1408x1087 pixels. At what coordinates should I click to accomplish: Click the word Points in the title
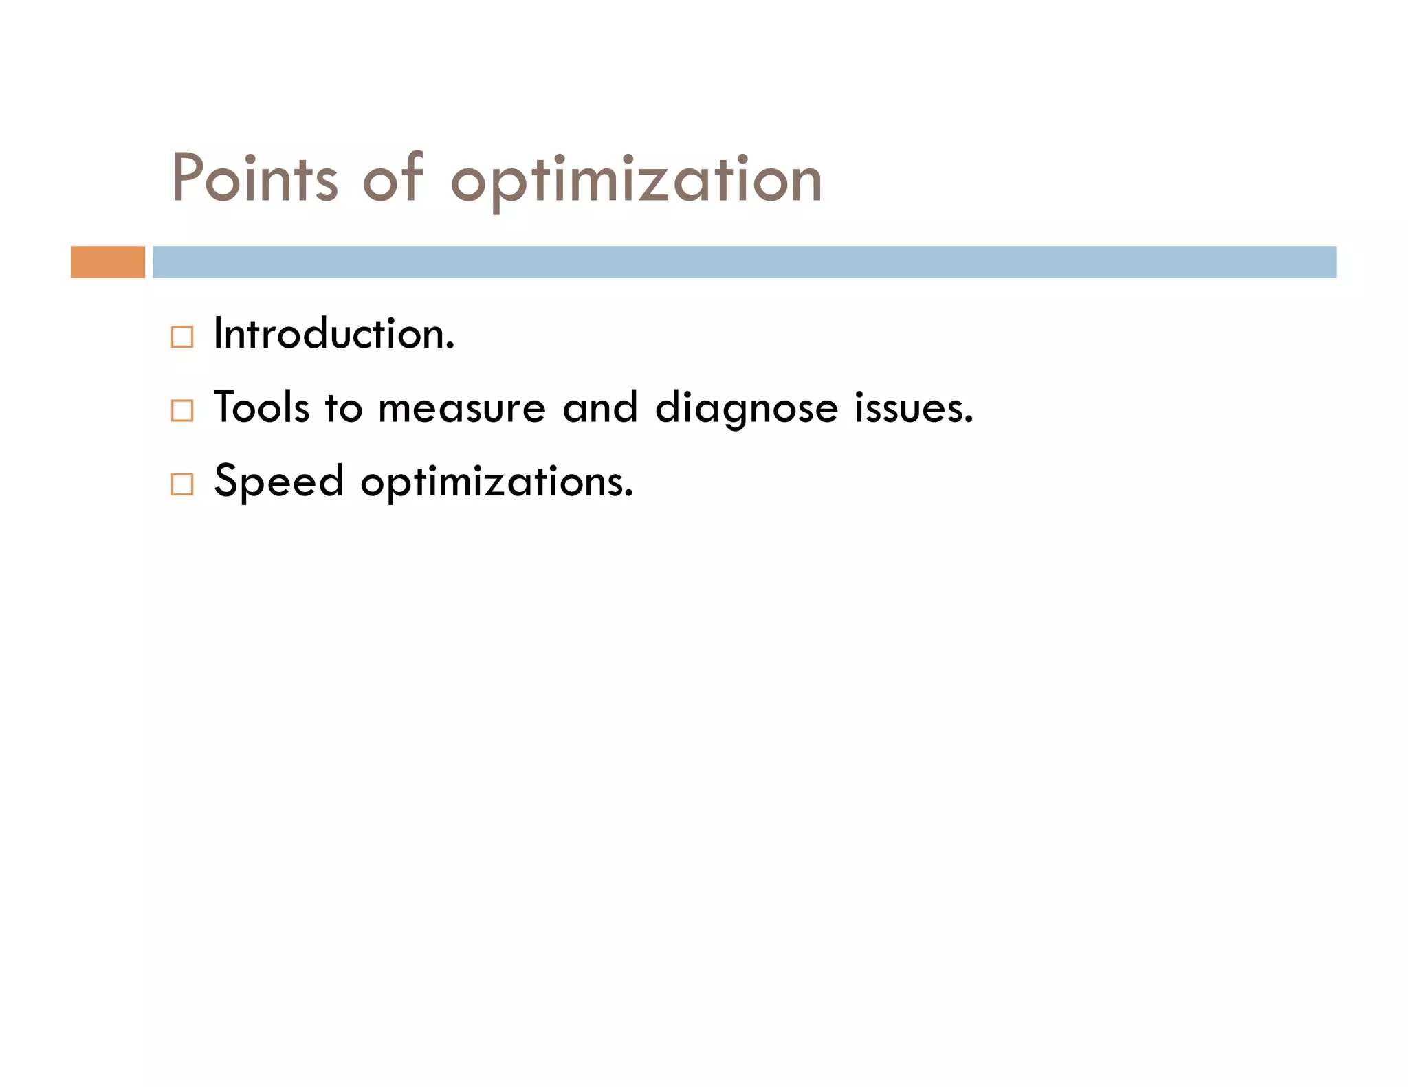click(255, 179)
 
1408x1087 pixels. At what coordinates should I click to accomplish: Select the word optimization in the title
click(636, 180)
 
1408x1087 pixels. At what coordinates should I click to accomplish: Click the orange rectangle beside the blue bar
click(108, 262)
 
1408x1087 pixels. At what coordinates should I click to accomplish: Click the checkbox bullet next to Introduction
click(182, 337)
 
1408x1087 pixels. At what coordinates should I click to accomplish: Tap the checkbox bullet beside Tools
click(182, 410)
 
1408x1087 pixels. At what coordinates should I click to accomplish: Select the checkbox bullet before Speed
click(182, 484)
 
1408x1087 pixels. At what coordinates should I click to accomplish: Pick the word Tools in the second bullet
click(261, 407)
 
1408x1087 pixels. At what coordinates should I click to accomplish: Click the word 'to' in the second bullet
click(343, 408)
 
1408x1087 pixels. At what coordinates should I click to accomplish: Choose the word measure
click(462, 408)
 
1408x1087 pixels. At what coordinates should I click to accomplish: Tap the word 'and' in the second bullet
click(600, 407)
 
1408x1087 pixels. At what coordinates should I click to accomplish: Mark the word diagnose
click(747, 410)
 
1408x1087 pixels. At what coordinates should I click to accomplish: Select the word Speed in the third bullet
click(278, 481)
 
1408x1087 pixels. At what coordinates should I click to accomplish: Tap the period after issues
click(969, 421)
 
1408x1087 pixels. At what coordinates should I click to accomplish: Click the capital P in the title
click(187, 177)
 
